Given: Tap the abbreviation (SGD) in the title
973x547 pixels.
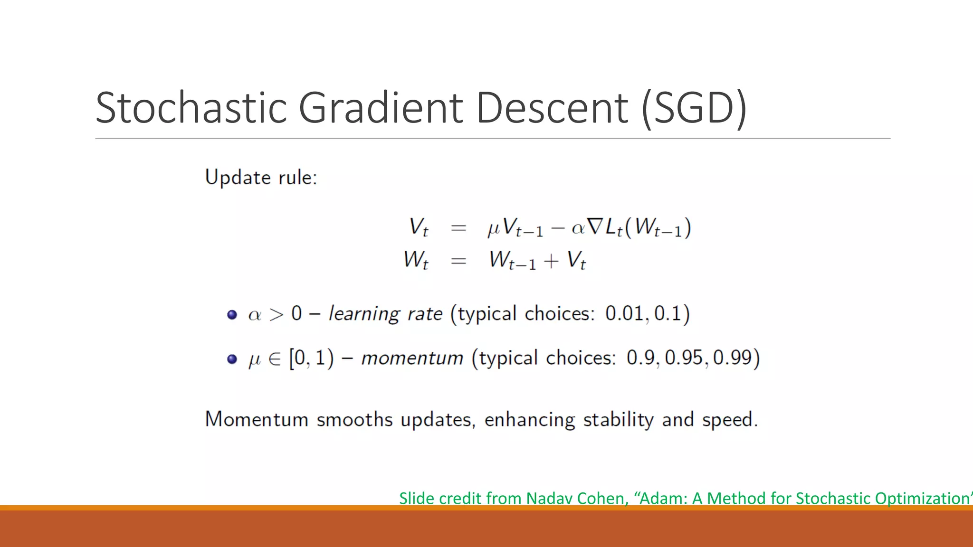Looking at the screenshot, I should coord(694,109).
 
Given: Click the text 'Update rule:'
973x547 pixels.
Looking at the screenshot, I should coord(261,178).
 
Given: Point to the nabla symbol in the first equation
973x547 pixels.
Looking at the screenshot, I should coord(594,227).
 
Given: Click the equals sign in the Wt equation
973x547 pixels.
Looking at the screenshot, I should coord(458,261).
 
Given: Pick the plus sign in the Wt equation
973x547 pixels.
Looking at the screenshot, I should coord(551,261).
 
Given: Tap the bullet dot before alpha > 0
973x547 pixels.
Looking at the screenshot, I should coord(232,314).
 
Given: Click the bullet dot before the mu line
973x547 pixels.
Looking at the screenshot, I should coord(232,359).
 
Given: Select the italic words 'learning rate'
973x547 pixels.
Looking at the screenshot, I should coord(385,314).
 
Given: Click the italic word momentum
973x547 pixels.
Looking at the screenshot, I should coord(412,358).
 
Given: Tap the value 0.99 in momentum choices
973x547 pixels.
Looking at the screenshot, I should coord(732,358).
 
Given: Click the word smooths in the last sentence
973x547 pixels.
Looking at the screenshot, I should coord(354,420).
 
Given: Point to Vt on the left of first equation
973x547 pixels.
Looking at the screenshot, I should coord(419,227).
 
